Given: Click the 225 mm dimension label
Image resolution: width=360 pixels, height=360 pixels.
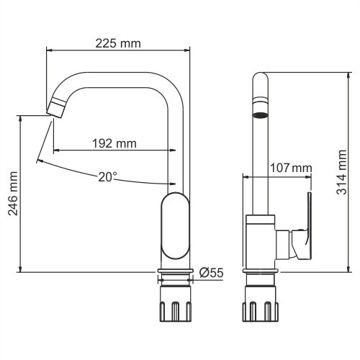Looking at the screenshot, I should [x=118, y=42].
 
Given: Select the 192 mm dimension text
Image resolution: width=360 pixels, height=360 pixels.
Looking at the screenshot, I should [x=114, y=143].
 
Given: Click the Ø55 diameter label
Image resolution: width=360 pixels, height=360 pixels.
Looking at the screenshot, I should [x=210, y=272].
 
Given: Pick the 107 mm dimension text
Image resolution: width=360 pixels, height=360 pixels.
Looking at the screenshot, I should [x=290, y=168].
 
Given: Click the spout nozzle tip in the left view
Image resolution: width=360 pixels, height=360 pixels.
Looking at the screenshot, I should [x=55, y=109].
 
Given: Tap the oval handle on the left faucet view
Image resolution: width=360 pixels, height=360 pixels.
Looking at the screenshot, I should [x=174, y=227].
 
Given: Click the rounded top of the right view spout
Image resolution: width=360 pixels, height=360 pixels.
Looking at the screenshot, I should [x=259, y=78].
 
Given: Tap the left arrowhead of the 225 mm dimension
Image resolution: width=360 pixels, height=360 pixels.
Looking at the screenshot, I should [x=50, y=50].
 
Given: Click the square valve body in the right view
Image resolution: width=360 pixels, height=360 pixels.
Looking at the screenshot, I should [x=260, y=241].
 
